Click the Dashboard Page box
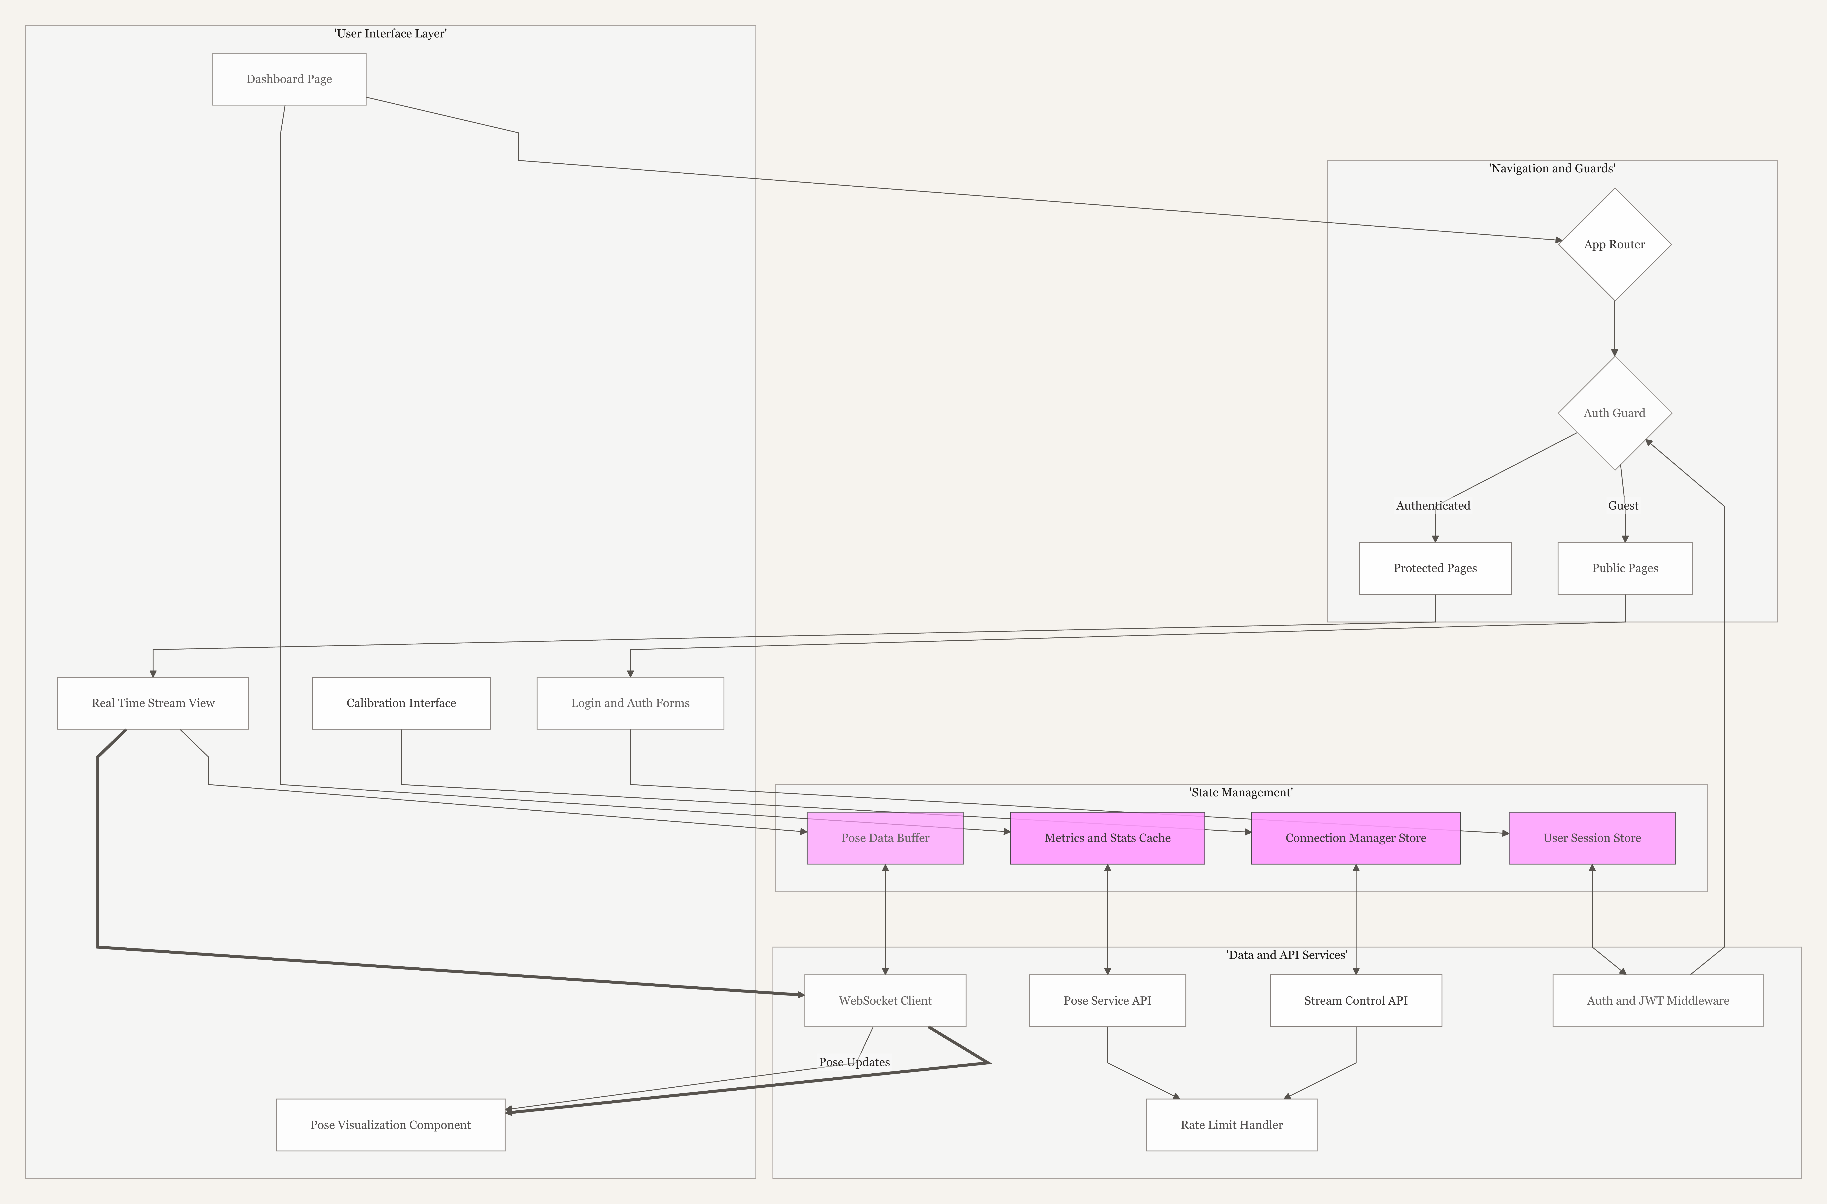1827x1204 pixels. (x=289, y=79)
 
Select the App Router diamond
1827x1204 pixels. (x=1614, y=244)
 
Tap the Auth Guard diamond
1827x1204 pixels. (x=1614, y=413)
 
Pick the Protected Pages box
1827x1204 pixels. (x=1435, y=568)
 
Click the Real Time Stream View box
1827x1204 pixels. (x=153, y=703)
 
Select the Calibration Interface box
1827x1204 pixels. (x=401, y=703)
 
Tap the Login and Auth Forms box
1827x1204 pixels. (x=630, y=703)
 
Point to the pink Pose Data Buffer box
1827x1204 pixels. (x=885, y=838)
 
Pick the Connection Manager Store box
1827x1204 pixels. (x=1355, y=838)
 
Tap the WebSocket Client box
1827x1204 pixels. (x=885, y=1001)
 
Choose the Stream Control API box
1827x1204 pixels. (x=1355, y=1001)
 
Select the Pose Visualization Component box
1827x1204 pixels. (x=390, y=1125)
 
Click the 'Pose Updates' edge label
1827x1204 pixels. (x=854, y=1062)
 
